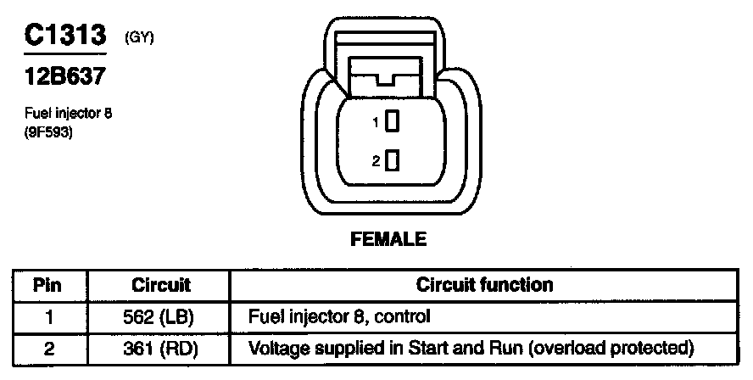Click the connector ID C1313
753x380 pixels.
tap(64, 36)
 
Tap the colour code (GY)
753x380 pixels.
tap(138, 36)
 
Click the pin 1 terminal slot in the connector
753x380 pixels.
tap(392, 122)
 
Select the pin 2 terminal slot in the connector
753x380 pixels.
tap(392, 160)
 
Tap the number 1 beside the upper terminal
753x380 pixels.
tap(376, 123)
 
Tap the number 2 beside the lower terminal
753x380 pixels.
tap(376, 161)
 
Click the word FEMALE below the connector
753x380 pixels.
tap(388, 239)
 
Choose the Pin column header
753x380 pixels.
tap(47, 285)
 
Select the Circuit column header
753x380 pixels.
tap(161, 285)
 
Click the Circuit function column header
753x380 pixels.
tap(485, 285)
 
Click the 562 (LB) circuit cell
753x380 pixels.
tap(161, 317)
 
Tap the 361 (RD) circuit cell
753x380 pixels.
tap(161, 348)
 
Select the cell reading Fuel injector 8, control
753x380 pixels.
tap(339, 317)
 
